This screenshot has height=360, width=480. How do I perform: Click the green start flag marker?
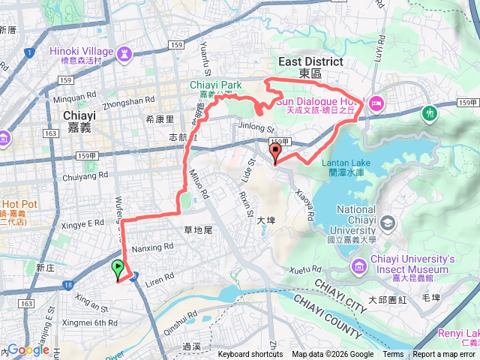[x=118, y=269]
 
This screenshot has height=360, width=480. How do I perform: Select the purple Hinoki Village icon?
[x=124, y=54]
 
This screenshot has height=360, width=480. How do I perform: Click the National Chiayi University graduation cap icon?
[x=387, y=223]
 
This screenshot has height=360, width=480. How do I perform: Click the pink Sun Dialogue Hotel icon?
[x=376, y=102]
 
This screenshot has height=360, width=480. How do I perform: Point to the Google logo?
[x=28, y=349]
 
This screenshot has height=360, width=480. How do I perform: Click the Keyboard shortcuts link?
[x=250, y=355]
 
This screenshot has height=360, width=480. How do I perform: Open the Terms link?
[x=393, y=355]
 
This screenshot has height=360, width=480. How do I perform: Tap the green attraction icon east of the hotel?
[x=430, y=113]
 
